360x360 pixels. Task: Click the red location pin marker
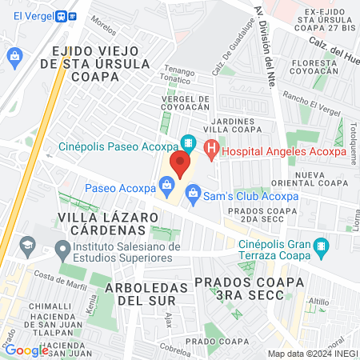pos(179,163)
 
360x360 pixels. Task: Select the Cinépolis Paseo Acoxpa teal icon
pos(188,144)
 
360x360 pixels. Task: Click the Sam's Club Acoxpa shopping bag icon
pos(193,192)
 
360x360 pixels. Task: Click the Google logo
pos(26,350)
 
